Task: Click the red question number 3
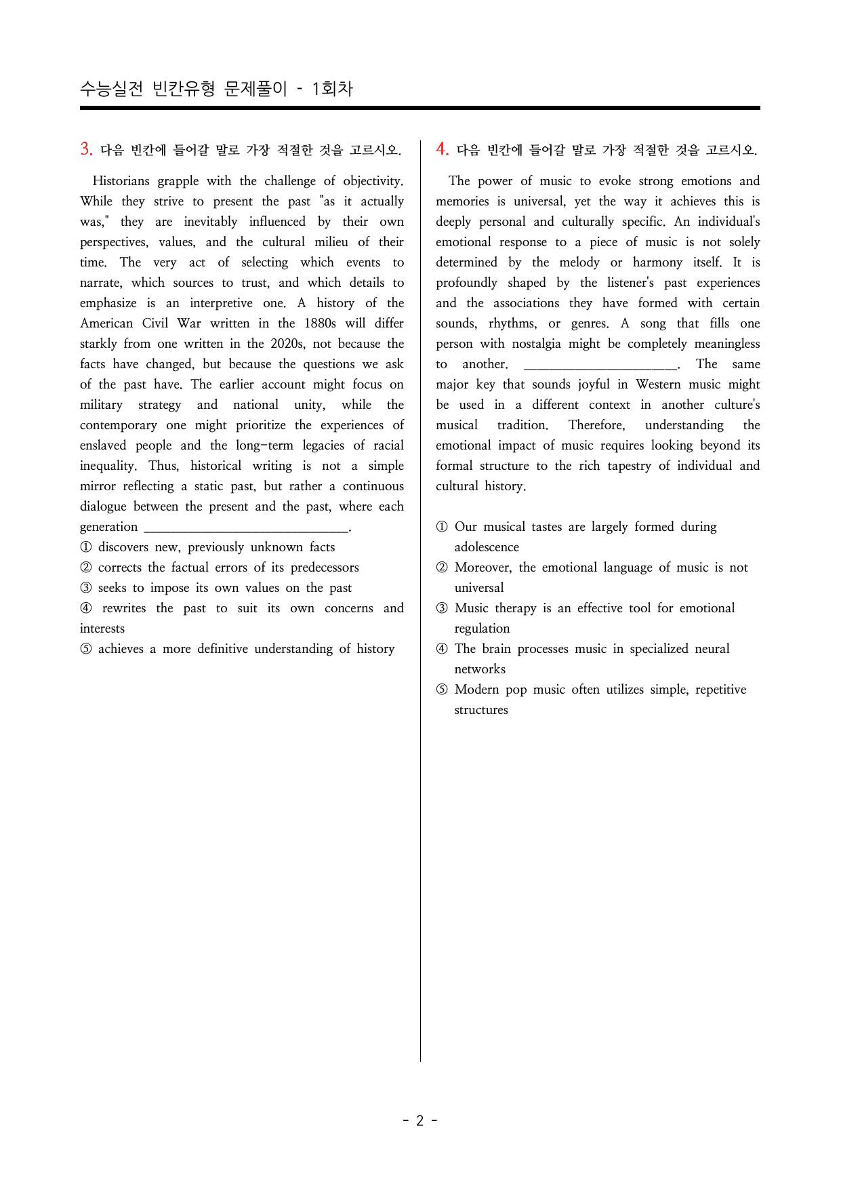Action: (x=86, y=149)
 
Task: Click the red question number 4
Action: (x=442, y=149)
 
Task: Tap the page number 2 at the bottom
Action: (x=419, y=1120)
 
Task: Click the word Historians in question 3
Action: (x=121, y=181)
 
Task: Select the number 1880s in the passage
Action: (x=320, y=323)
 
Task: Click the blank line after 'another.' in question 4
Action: (x=600, y=365)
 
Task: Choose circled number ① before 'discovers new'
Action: (x=86, y=547)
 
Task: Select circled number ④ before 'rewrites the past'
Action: (x=86, y=608)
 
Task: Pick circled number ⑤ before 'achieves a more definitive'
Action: (x=86, y=649)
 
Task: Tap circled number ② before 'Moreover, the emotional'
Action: (x=442, y=568)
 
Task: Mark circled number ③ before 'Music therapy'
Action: (x=442, y=608)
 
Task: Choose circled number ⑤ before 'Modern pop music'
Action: (x=442, y=690)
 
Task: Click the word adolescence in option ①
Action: (x=487, y=547)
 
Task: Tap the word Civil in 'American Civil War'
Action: (x=155, y=323)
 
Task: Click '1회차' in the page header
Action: (x=332, y=89)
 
